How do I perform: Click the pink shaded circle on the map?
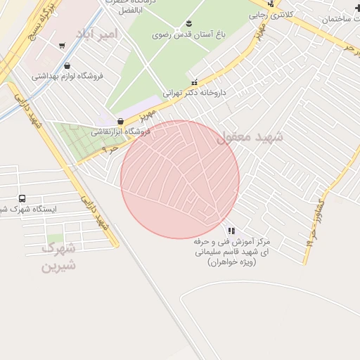click(180, 179)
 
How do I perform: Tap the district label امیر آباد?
click(94, 33)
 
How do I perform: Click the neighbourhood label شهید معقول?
click(250, 138)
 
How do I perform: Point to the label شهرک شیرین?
click(58, 257)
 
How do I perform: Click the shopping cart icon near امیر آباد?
click(63, 46)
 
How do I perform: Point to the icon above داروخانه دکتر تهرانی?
click(195, 82)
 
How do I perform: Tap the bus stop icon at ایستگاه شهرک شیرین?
click(22, 199)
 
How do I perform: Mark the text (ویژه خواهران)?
click(232, 262)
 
